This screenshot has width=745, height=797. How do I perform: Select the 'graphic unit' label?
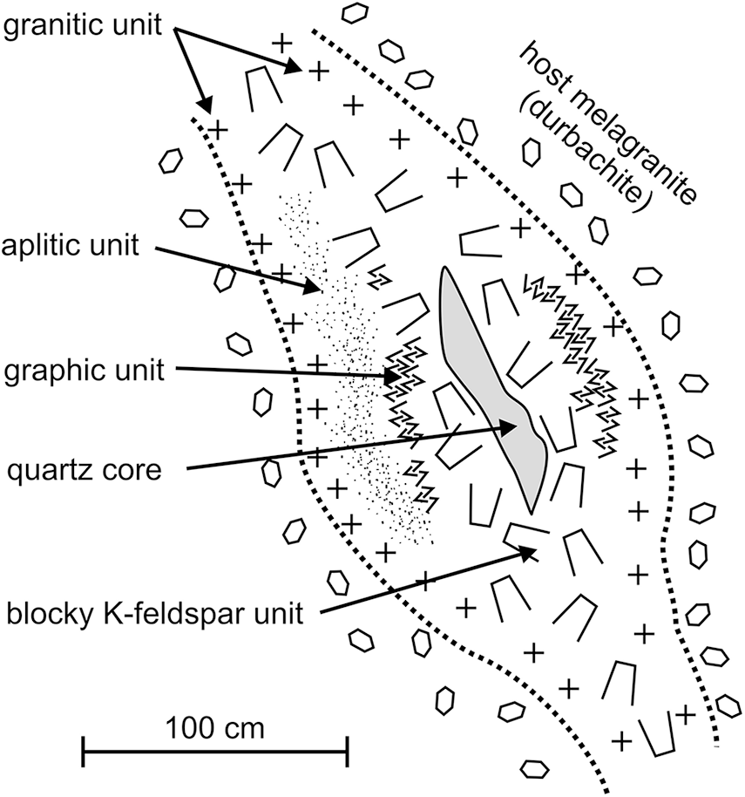[x=84, y=371]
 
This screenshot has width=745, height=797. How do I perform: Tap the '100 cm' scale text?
[x=213, y=723]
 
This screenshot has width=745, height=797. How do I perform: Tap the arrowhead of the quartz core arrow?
[x=512, y=426]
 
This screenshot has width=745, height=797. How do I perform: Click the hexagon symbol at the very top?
[x=354, y=13]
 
